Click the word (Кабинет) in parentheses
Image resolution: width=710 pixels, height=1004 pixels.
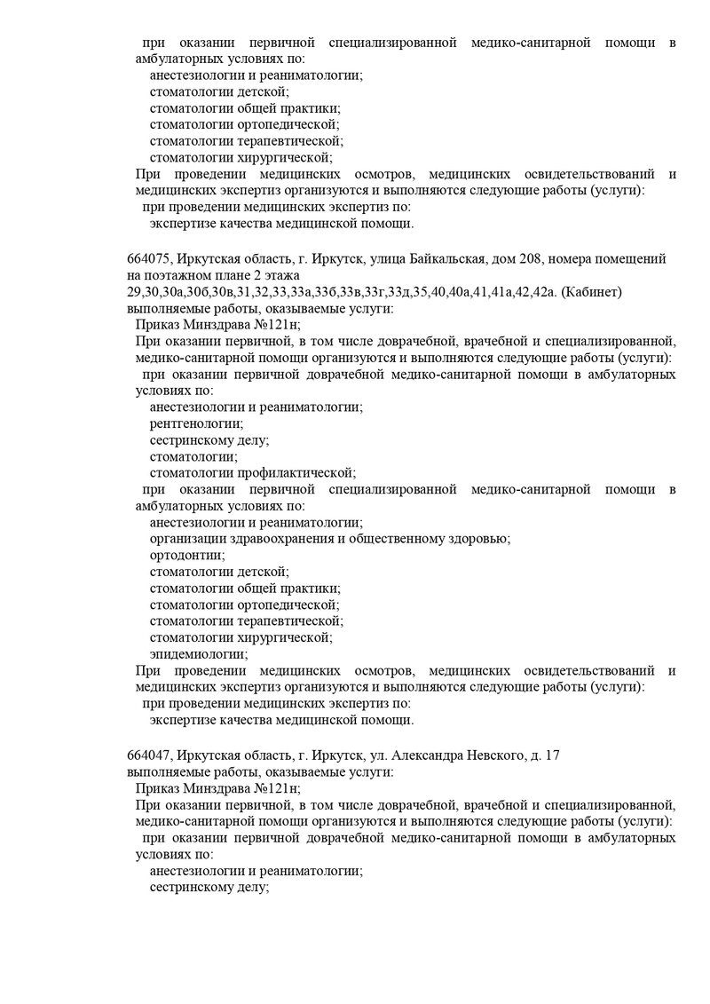(x=595, y=292)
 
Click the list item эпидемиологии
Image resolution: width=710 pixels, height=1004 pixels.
(x=198, y=654)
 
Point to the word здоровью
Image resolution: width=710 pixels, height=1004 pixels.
(x=483, y=539)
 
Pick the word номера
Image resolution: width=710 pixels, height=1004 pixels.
(x=576, y=258)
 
